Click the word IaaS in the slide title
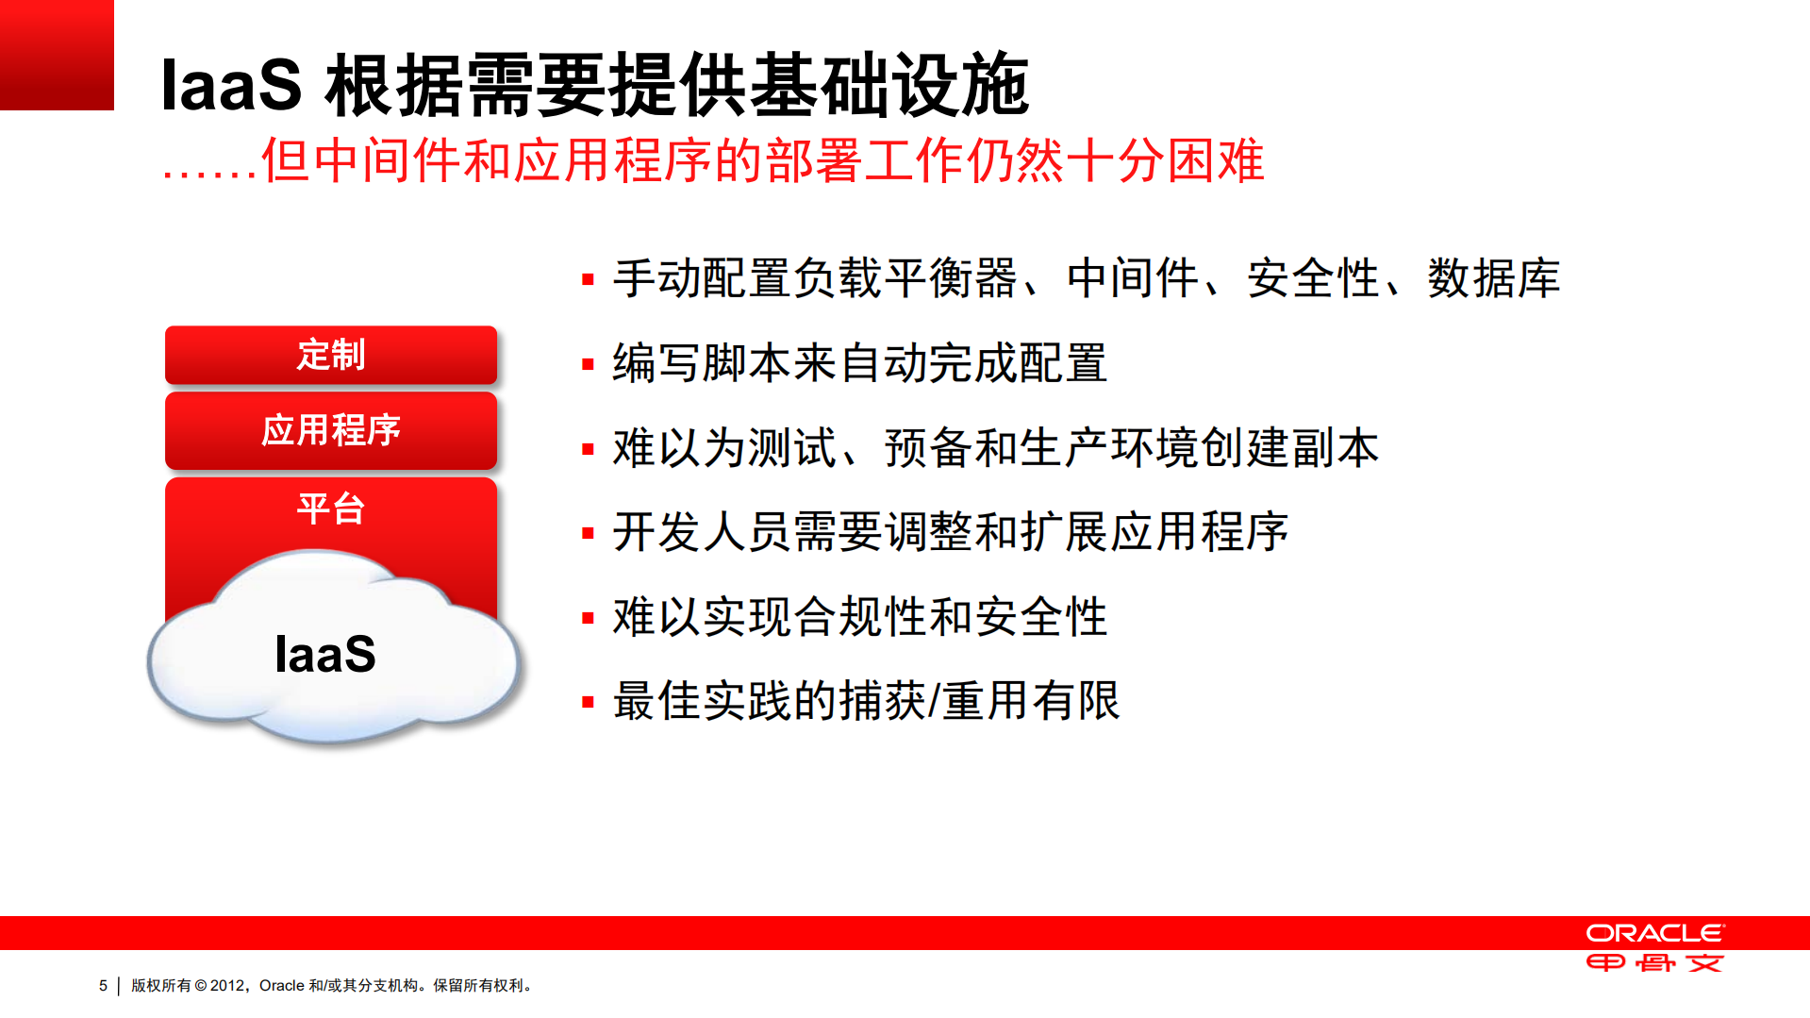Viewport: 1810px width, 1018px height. point(231,86)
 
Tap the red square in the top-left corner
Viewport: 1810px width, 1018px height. point(57,55)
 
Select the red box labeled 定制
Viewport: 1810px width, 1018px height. point(330,355)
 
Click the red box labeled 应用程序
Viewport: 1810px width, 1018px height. point(330,430)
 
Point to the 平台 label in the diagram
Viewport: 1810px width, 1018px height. point(330,509)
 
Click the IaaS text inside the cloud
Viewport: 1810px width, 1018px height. point(324,654)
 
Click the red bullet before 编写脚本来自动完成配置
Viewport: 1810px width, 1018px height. point(588,364)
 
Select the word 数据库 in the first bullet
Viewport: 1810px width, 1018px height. point(1493,278)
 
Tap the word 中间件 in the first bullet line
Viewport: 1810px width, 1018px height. point(1132,278)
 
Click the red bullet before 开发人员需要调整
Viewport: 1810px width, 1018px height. point(588,533)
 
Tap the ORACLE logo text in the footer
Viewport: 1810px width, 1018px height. point(1654,933)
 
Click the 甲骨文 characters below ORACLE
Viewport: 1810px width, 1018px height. point(1654,963)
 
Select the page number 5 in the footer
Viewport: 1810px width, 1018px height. point(103,985)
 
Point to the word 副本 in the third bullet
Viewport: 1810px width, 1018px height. point(1336,447)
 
